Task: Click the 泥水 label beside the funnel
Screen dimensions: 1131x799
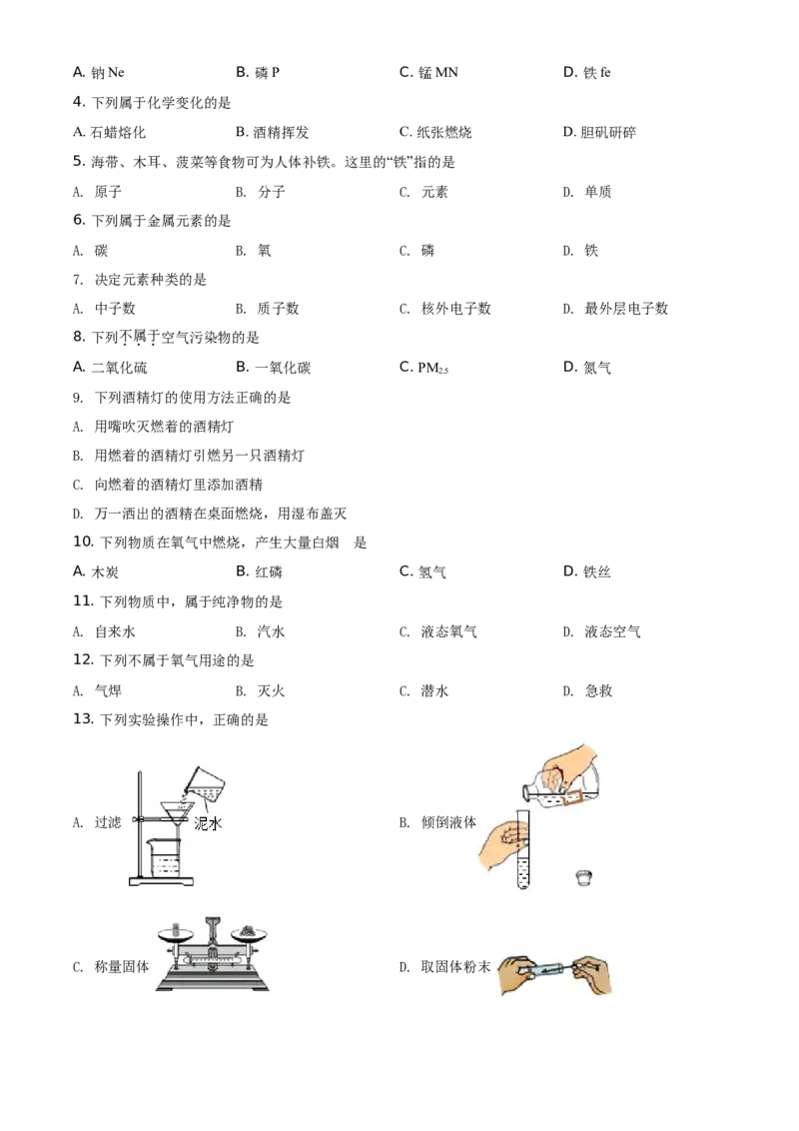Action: point(209,824)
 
